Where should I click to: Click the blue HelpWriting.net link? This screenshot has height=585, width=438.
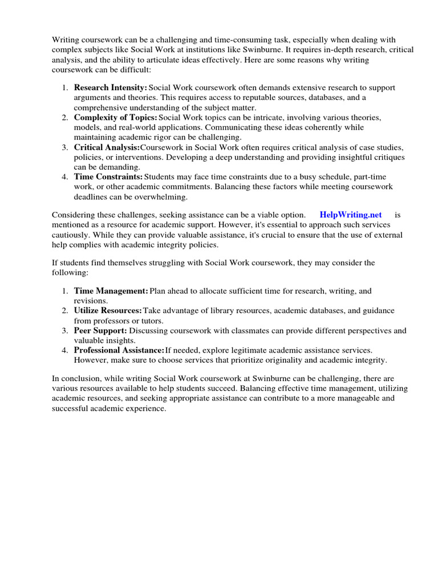[x=351, y=215]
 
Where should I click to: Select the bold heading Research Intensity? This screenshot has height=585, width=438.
[x=110, y=87]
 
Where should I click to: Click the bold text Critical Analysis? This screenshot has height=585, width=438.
[x=107, y=147]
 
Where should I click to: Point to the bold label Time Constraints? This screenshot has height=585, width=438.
[x=108, y=177]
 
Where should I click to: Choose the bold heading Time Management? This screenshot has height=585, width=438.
[x=111, y=291]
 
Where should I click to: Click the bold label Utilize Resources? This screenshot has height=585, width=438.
[x=108, y=310]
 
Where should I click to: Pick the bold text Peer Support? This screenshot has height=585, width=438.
[x=100, y=330]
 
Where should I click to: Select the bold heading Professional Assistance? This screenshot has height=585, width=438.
[x=119, y=350]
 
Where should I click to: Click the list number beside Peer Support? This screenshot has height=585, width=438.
[x=65, y=330]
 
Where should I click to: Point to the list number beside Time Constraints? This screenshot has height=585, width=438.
[x=65, y=177]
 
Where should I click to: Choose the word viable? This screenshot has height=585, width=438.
[x=260, y=215]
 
